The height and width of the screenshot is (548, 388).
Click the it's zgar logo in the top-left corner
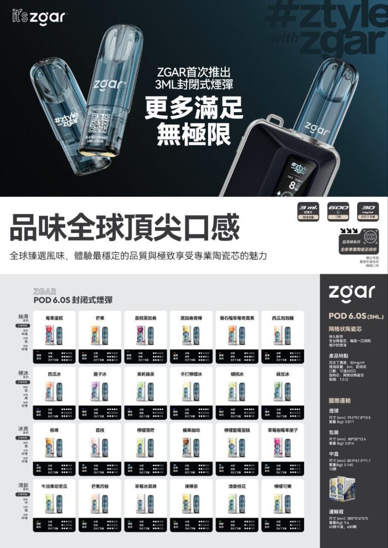[x=37, y=17]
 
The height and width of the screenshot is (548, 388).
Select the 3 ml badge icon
[x=309, y=211]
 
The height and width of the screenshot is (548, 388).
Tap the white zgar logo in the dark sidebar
[x=352, y=291]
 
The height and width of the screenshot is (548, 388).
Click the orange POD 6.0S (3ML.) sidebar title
[x=356, y=316]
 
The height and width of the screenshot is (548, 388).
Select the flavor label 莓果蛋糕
[x=54, y=318]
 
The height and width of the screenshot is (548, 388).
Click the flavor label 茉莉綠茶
[x=146, y=374]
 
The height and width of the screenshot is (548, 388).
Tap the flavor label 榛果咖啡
[x=191, y=430]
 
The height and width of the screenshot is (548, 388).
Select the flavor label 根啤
[x=54, y=430]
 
